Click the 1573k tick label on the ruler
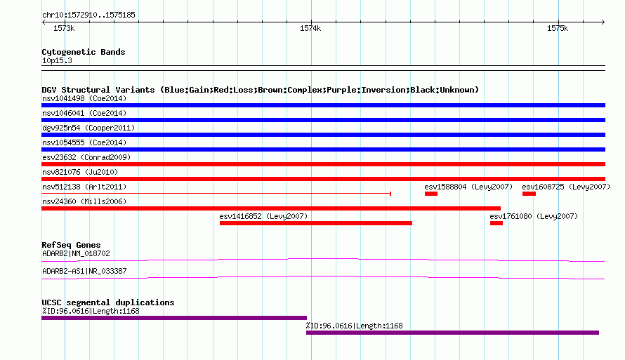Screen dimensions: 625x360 click(x=64, y=28)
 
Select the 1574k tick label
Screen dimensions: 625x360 click(x=310, y=28)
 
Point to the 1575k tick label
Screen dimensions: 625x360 click(x=558, y=28)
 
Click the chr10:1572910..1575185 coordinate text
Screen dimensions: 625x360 click(x=89, y=15)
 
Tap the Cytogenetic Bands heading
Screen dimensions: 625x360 click(x=84, y=52)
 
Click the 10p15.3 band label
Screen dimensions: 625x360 click(x=57, y=60)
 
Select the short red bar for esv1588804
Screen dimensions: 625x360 click(x=431, y=194)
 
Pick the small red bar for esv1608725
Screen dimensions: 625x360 click(x=529, y=194)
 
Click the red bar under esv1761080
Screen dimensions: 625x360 click(x=496, y=223)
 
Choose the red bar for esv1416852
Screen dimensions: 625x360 click(x=316, y=223)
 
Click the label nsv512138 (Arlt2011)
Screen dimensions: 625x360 click(x=84, y=187)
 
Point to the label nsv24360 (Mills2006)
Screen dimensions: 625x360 click(x=84, y=201)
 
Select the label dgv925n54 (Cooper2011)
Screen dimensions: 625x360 click(x=88, y=128)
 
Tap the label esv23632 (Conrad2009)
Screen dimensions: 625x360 click(x=86, y=157)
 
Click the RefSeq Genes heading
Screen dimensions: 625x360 click(x=71, y=245)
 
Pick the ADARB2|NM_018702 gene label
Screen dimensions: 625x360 click(x=76, y=253)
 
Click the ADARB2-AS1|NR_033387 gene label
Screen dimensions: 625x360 click(x=84, y=271)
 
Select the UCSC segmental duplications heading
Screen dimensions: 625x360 click(x=108, y=302)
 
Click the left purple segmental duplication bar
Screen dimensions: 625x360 click(x=174, y=318)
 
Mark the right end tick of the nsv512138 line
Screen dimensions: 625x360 click(x=390, y=194)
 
